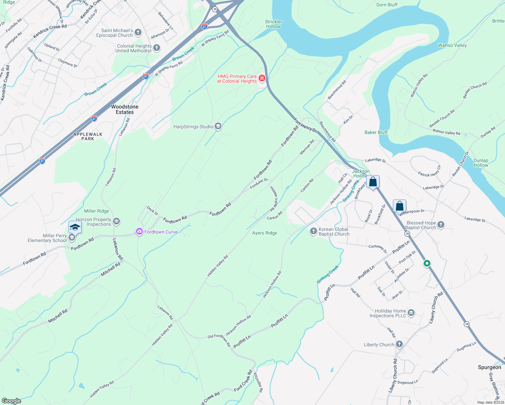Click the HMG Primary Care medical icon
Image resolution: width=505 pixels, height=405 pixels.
pyautogui.click(x=262, y=79)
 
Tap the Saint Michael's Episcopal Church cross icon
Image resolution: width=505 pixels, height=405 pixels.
pyautogui.click(x=138, y=32)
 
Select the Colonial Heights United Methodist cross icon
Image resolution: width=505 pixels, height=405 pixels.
pyautogui.click(x=156, y=48)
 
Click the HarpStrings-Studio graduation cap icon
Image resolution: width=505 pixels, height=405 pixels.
pyautogui.click(x=218, y=127)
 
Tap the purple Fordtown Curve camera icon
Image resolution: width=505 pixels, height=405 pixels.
pyautogui.click(x=139, y=232)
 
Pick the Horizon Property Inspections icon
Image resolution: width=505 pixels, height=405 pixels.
pyautogui.click(x=116, y=221)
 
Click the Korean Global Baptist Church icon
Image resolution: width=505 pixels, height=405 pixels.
pyautogui.click(x=313, y=231)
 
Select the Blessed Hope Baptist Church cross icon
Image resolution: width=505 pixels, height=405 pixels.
pyautogui.click(x=441, y=225)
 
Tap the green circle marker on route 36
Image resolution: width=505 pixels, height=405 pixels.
pyautogui.click(x=427, y=263)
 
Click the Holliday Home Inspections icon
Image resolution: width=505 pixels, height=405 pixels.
pyautogui.click(x=411, y=313)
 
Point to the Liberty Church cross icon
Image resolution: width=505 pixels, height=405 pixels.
pyautogui.click(x=399, y=344)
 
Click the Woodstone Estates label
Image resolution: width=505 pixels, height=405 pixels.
pyautogui.click(x=125, y=109)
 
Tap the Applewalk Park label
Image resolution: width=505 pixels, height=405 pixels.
pyautogui.click(x=88, y=136)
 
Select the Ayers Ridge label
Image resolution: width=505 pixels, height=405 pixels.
pyautogui.click(x=265, y=233)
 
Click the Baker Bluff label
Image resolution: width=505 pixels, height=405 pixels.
pyautogui.click(x=376, y=132)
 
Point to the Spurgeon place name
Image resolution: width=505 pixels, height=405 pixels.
pyautogui.click(x=489, y=367)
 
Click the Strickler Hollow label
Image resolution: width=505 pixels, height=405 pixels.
pyautogui.click(x=273, y=24)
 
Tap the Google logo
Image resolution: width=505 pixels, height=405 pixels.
pyautogui.click(x=11, y=401)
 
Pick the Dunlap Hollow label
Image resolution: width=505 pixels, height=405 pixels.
pyautogui.click(x=481, y=163)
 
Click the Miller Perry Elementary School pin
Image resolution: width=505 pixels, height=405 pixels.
pyautogui.click(x=75, y=228)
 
